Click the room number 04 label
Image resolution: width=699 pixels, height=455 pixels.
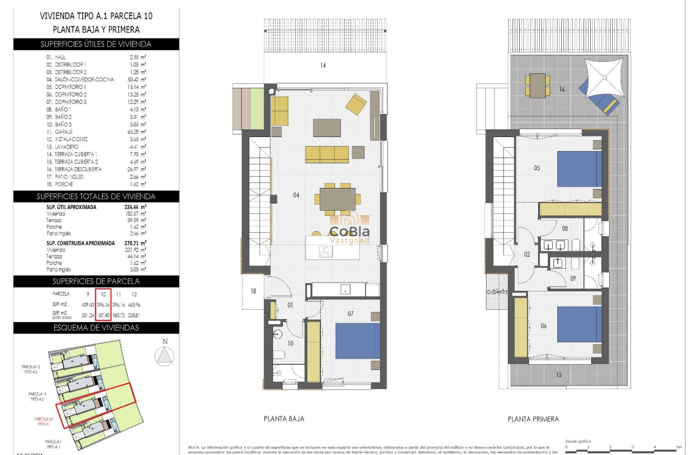pyautogui.click(x=296, y=195)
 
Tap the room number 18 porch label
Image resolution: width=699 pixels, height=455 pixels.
pyautogui.click(x=253, y=291)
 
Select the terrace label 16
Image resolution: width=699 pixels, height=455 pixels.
pyautogui.click(x=562, y=89)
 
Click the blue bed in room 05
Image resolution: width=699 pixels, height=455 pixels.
pyautogui.click(x=579, y=169)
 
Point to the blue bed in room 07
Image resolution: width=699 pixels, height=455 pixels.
pyautogui.click(x=357, y=340)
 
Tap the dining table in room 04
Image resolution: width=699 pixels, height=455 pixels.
pyautogui.click(x=338, y=199)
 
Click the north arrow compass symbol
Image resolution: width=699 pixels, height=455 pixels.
pyautogui.click(x=165, y=355)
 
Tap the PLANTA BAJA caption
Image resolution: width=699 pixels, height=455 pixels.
pyautogui.click(x=283, y=419)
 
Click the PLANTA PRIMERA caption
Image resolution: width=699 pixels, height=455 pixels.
pyautogui.click(x=533, y=419)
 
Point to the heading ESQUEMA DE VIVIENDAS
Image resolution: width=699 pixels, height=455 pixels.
pyautogui.click(x=96, y=328)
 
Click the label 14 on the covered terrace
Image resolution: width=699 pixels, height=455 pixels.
pyautogui.click(x=323, y=66)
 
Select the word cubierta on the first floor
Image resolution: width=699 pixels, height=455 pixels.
pyautogui.click(x=497, y=291)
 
